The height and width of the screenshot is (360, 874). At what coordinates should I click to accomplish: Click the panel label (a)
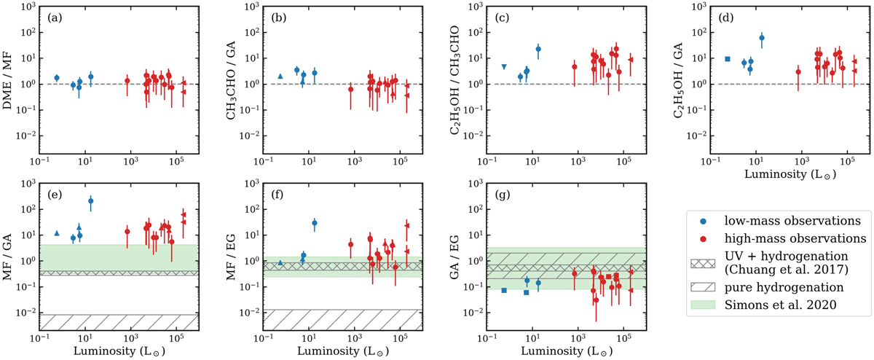[x=52, y=16]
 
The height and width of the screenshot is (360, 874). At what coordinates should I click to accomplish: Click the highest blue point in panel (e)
[x=91, y=200]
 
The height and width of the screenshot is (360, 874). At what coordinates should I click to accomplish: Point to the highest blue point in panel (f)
[x=315, y=222]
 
